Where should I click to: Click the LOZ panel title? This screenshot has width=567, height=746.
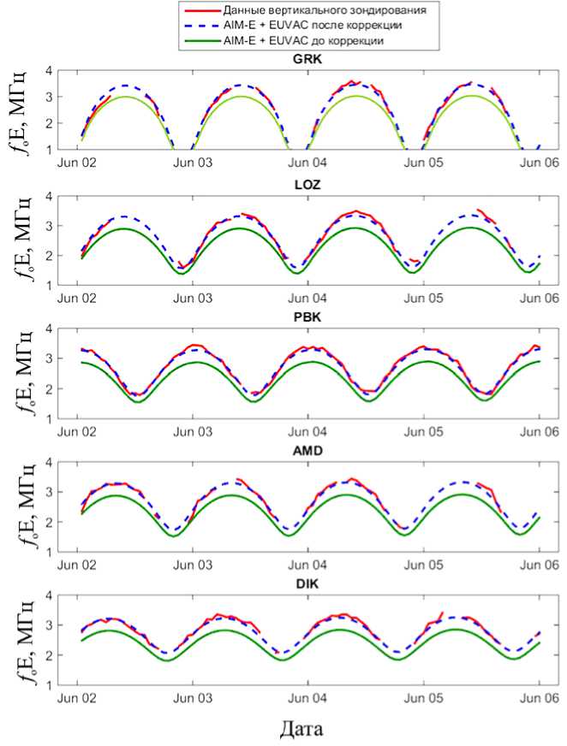(307, 188)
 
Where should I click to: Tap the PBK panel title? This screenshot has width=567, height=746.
(307, 320)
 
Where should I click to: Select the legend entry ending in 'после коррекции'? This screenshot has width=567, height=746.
(312, 26)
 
